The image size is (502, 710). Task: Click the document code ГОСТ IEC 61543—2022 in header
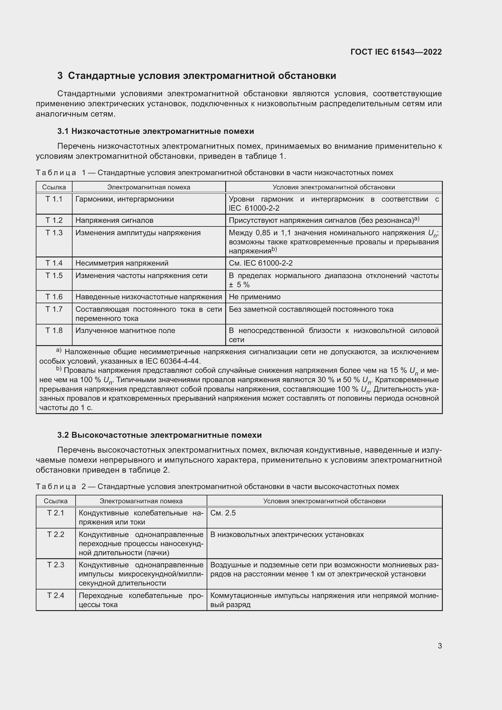pos(396,52)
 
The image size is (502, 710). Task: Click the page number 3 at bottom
pos(439,646)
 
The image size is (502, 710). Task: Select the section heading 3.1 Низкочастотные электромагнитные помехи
pos(155,131)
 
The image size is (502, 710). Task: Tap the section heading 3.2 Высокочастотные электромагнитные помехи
pos(159,435)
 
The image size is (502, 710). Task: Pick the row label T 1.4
pos(54,263)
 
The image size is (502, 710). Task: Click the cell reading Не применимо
pos(254,297)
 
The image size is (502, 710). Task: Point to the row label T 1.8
pos(54,331)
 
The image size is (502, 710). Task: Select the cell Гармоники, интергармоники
pos(124,199)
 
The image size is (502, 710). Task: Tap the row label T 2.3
pos(56,565)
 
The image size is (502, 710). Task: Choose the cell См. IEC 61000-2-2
pos(261,263)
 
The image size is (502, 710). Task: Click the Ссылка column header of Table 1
pos(54,187)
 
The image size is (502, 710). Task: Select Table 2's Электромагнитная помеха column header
pos(141,501)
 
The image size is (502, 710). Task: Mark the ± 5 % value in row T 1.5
pos(239,285)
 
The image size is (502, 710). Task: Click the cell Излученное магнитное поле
pos(125,331)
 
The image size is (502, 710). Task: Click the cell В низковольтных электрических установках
pos(287,535)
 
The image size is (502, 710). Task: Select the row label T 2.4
pos(56,595)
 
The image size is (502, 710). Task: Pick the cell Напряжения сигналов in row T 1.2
pos(114,220)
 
